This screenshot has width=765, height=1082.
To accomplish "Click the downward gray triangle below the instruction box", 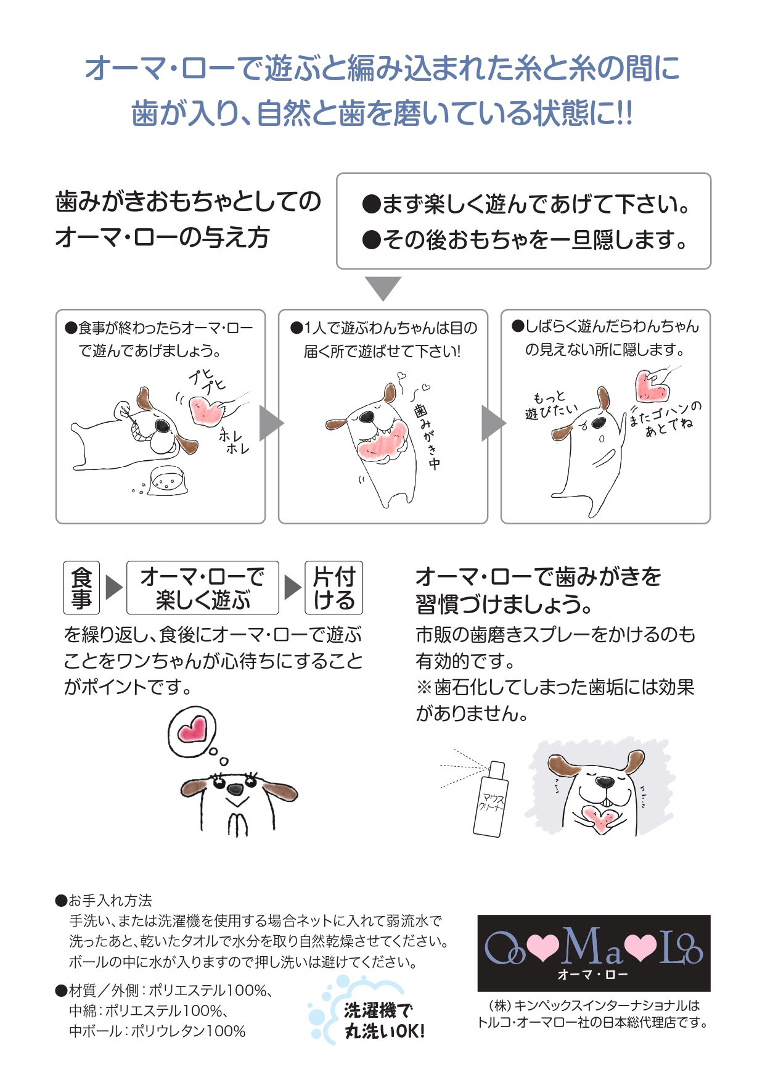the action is pos(383,287).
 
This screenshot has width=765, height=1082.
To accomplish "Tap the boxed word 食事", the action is pos(81,587).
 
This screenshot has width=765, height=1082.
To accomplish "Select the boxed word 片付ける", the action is pos(333,587).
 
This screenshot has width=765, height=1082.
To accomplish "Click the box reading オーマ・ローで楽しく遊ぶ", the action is pos(202,587).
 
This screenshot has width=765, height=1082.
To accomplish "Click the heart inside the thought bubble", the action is pos(192,729).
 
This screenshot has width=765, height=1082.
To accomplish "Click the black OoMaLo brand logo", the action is pos(594,952).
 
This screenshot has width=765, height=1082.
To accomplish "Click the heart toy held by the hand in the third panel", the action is pos(652,386).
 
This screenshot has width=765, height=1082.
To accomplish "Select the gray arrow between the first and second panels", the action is pos(271,423).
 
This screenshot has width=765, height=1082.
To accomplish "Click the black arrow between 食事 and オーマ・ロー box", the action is pos(113,587).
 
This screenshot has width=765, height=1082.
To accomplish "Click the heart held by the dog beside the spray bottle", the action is pos(598,818).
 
